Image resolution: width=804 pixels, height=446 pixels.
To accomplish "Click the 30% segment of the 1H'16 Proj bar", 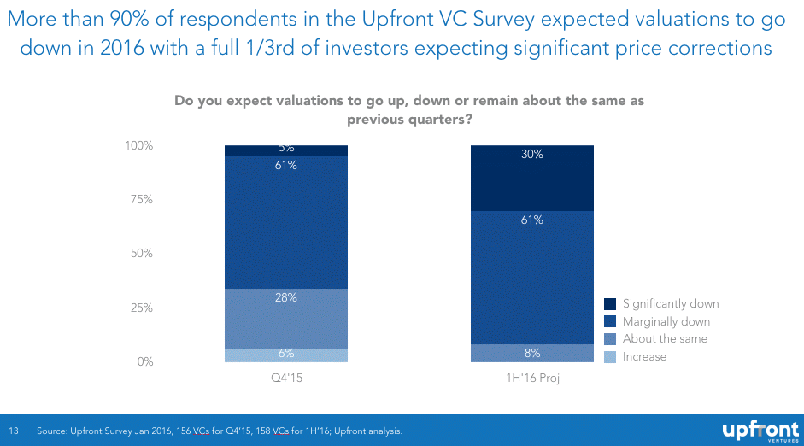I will pyautogui.click(x=532, y=178).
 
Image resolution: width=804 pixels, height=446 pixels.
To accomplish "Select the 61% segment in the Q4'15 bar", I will pyautogui.click(x=286, y=222).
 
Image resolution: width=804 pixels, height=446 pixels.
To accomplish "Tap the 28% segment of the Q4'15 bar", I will pyautogui.click(x=286, y=318).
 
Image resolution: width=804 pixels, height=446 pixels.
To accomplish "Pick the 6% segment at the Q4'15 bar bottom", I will pyautogui.click(x=286, y=355).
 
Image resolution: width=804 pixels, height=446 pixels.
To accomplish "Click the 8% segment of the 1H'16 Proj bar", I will pyautogui.click(x=532, y=353).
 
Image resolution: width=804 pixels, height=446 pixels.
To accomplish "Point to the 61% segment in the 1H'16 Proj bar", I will pyautogui.click(x=532, y=277).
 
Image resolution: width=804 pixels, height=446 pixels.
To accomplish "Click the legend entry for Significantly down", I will pyautogui.click(x=670, y=304).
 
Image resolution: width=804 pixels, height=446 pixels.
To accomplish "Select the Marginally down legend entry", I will pyautogui.click(x=666, y=322).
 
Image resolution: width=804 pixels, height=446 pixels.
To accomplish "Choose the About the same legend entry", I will pyautogui.click(x=664, y=339).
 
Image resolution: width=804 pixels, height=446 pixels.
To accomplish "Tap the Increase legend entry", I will pyautogui.click(x=643, y=356).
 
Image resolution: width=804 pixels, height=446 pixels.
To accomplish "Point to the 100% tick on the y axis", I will pyautogui.click(x=138, y=146).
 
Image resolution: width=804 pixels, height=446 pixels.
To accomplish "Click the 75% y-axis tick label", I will pyautogui.click(x=141, y=200).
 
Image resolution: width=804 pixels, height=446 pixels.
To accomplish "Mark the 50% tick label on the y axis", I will pyautogui.click(x=141, y=254).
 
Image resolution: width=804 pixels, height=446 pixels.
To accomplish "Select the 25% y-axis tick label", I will pyautogui.click(x=141, y=308).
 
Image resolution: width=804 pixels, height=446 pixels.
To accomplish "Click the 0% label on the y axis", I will pyautogui.click(x=144, y=361).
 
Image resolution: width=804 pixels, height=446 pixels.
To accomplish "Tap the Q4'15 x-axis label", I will pyautogui.click(x=286, y=378).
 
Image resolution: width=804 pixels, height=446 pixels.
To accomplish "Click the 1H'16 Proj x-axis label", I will pyautogui.click(x=532, y=378).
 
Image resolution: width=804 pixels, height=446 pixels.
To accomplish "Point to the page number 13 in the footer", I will pyautogui.click(x=14, y=431).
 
